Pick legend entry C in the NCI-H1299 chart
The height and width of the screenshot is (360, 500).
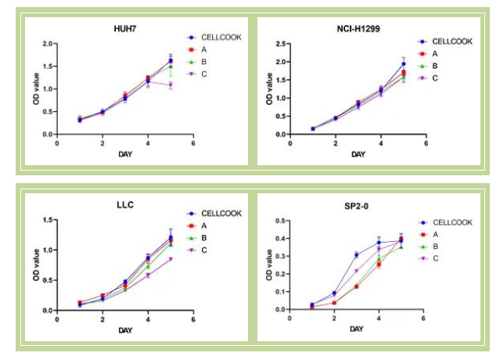pos(436,78)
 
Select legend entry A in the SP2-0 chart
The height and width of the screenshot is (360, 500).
pos(436,234)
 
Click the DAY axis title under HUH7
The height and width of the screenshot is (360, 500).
pos(125,153)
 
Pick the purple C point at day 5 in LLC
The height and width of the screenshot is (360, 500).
pos(171,259)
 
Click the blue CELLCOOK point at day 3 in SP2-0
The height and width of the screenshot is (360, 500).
pos(356,255)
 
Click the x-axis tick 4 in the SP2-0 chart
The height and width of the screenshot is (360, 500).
pos(379,319)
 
